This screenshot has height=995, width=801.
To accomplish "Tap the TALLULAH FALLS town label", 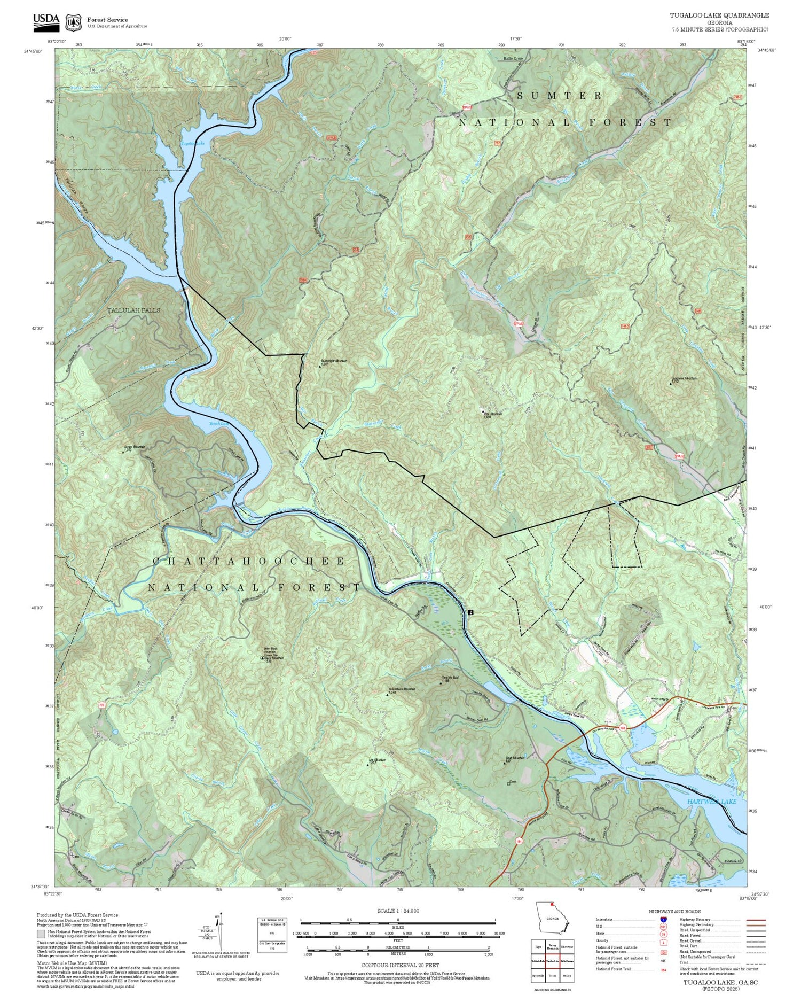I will (x=133, y=310).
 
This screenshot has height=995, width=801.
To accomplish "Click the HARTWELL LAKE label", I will (x=711, y=802).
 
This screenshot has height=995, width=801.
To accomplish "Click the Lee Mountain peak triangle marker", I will (x=367, y=765).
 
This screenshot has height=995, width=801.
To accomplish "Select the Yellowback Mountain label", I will (x=402, y=689).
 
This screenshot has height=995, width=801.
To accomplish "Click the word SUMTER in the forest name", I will (x=559, y=96).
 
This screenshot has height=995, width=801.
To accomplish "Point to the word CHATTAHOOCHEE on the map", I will (x=249, y=561).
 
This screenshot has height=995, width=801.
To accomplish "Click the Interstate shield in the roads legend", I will (x=663, y=920).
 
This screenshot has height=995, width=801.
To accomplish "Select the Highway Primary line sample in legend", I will (x=754, y=921).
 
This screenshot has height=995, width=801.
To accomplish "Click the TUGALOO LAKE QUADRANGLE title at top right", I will (x=719, y=15).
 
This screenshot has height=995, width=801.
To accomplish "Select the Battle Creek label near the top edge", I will (x=514, y=58).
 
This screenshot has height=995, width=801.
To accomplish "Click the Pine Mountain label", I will (x=493, y=414).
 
